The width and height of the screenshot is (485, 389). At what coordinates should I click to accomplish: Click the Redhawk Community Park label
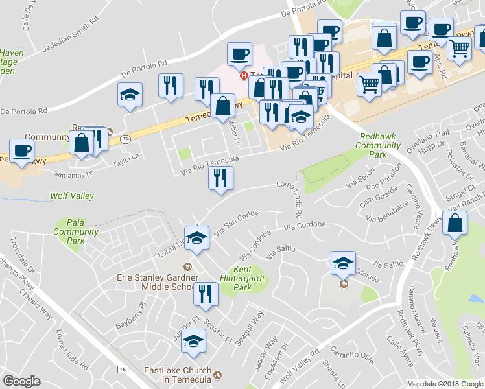(x=378, y=146)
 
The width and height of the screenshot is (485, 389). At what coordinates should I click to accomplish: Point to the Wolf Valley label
(x=72, y=196)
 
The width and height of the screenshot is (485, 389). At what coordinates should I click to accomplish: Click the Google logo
(x=21, y=381)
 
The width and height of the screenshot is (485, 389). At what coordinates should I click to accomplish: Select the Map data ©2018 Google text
(x=444, y=384)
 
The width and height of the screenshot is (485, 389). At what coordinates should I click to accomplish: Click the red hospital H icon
(x=244, y=76)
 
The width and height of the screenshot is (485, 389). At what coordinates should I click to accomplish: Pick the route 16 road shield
(x=122, y=369)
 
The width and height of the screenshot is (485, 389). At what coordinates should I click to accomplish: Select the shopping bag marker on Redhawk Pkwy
(x=456, y=223)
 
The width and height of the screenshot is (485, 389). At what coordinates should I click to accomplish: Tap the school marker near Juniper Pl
(x=193, y=340)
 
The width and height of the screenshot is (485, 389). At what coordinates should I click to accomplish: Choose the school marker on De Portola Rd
(x=130, y=95)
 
